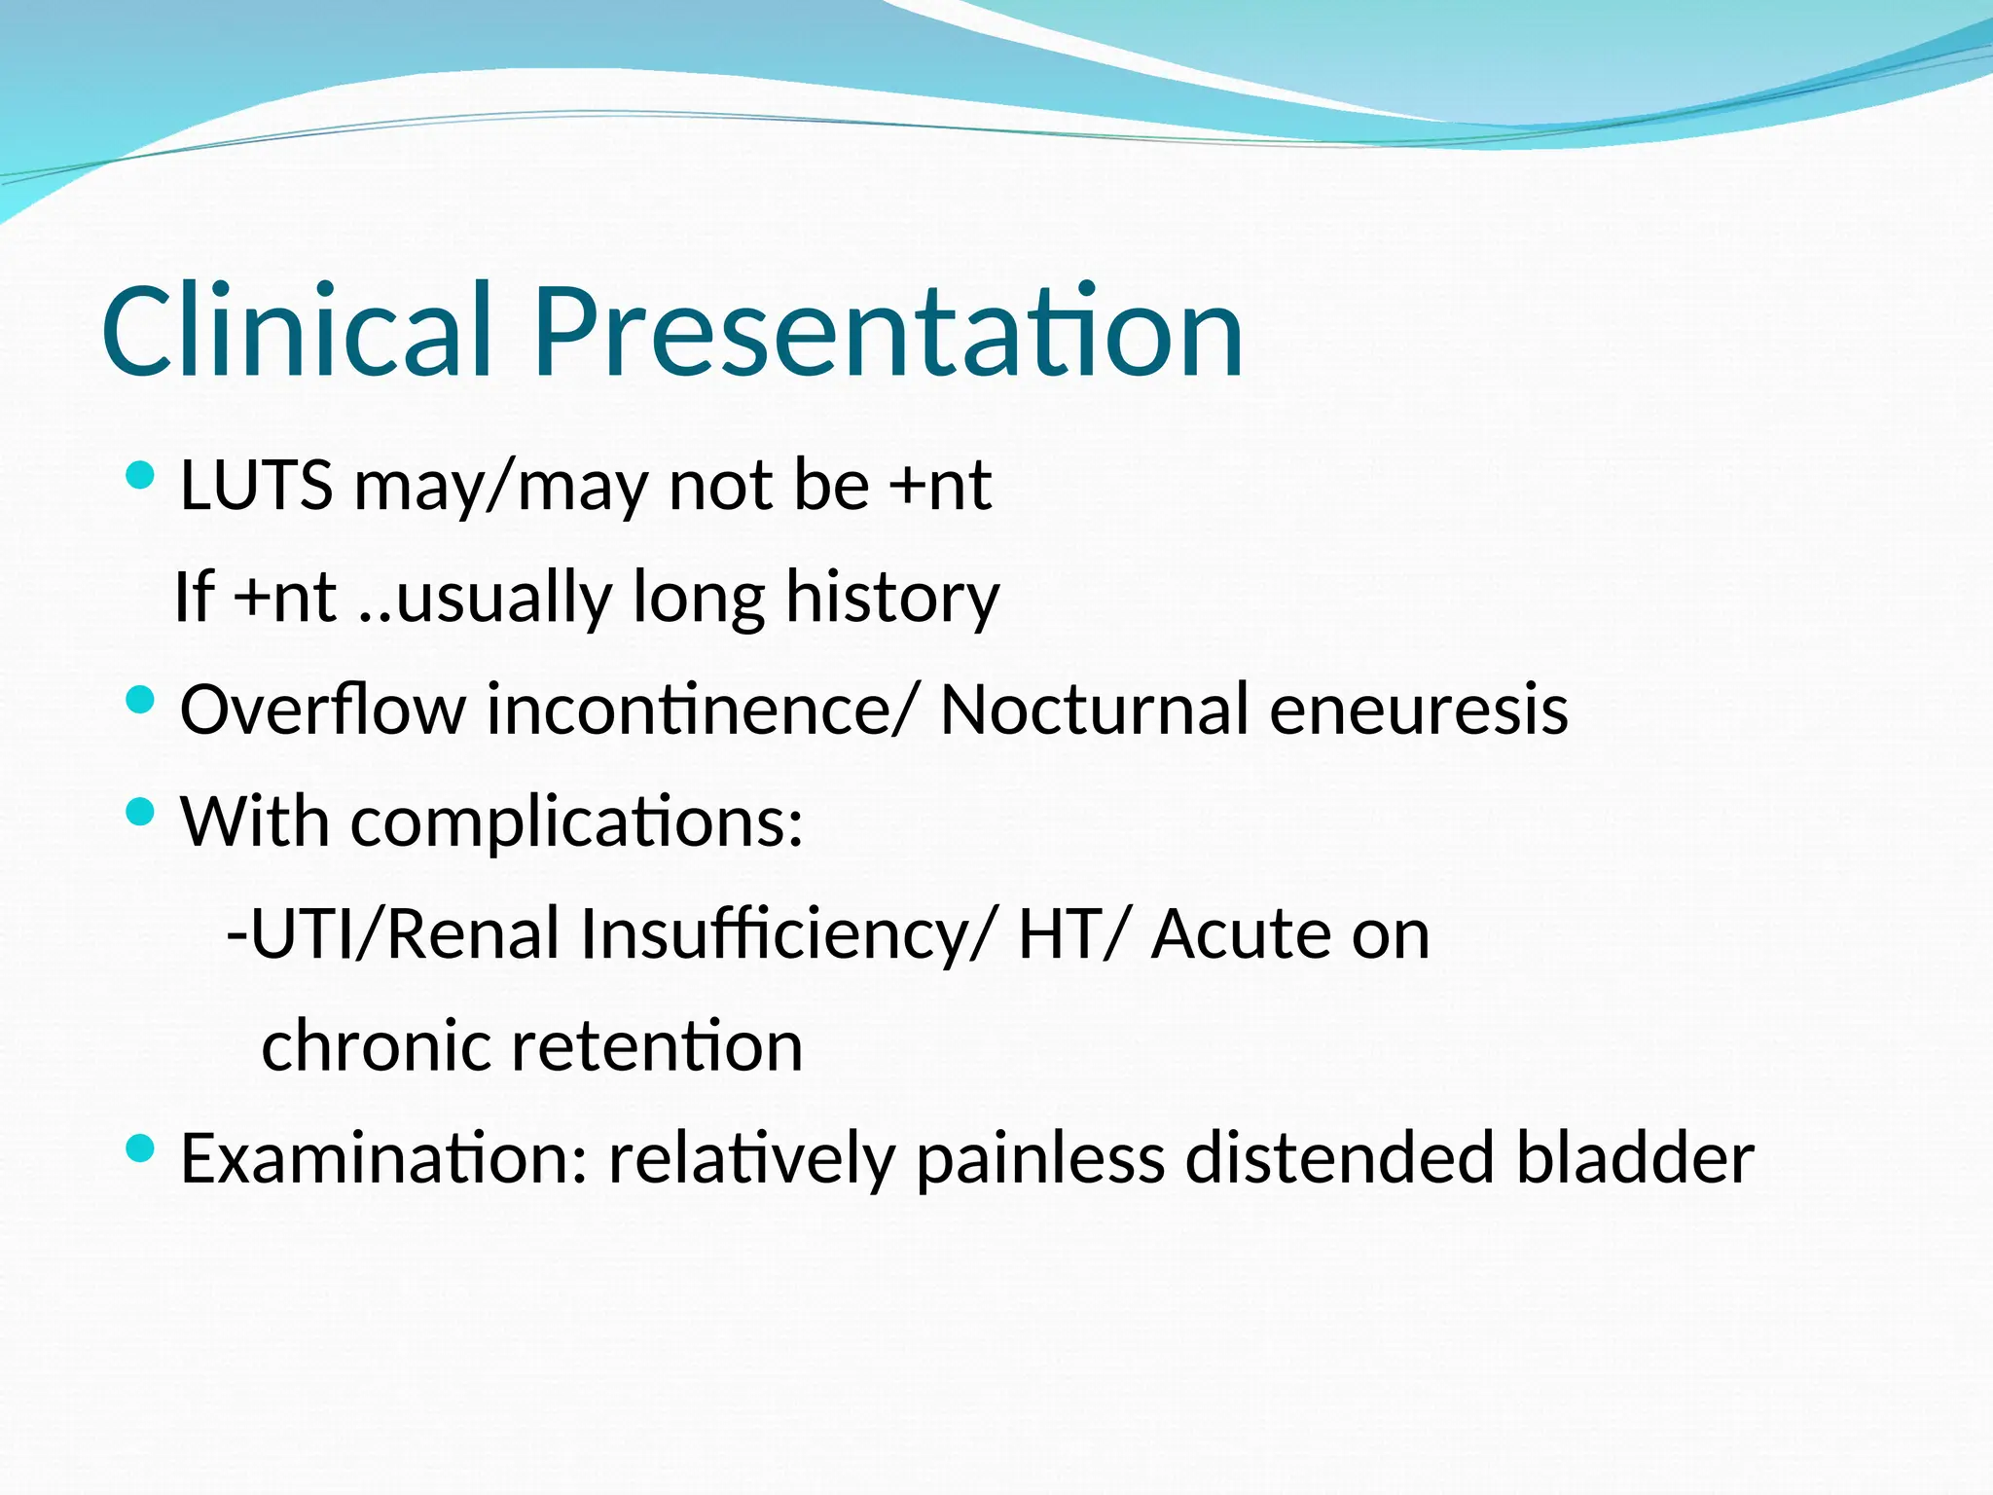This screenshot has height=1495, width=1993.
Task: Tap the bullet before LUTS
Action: coord(141,476)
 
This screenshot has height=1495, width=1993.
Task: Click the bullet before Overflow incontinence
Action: coord(141,700)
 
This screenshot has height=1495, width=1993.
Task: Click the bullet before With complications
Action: coord(141,812)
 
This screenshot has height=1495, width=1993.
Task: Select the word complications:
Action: coord(576,822)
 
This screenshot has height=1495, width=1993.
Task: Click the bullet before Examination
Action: coord(141,1149)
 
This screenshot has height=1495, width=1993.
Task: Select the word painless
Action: coord(1040,1159)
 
